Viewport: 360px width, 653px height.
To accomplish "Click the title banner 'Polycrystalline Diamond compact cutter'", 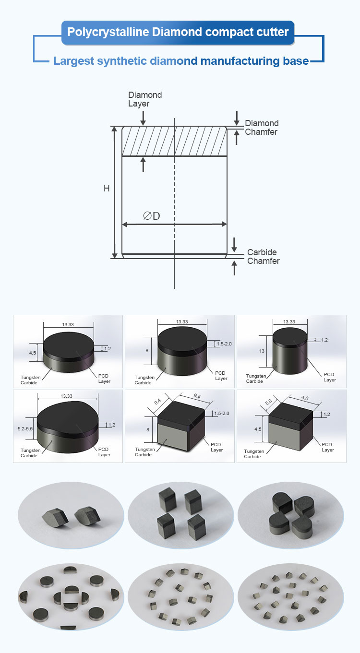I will pyautogui.click(x=178, y=33).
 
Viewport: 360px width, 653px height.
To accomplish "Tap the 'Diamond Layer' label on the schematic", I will pyautogui.click(x=144, y=99).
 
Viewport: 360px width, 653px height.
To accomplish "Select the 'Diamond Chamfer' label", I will pyautogui.click(x=261, y=128).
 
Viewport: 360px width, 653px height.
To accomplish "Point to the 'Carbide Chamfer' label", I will pyautogui.click(x=263, y=257).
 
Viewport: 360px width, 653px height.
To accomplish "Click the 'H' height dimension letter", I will pyautogui.click(x=107, y=189).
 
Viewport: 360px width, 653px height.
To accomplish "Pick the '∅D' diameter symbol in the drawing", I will pyautogui.click(x=151, y=216).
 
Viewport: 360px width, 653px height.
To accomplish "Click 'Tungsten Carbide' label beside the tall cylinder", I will pyautogui.click(x=254, y=379).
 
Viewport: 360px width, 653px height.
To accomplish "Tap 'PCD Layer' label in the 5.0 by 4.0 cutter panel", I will pyautogui.click(x=327, y=447).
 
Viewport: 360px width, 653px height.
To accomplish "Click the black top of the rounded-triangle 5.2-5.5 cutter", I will pyautogui.click(x=67, y=414).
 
